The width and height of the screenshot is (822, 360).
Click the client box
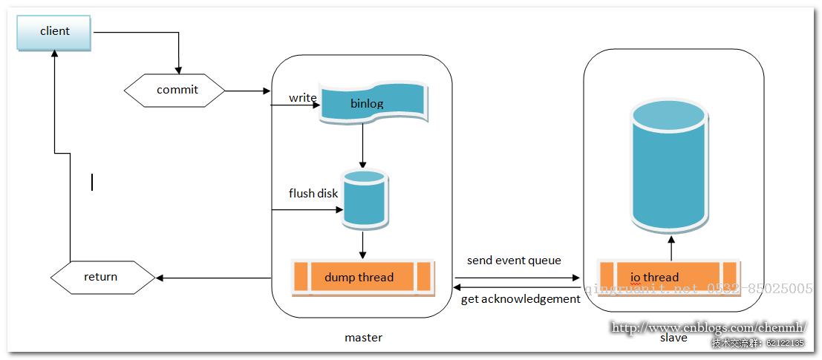(x=54, y=32)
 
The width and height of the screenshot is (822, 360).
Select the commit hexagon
(x=177, y=91)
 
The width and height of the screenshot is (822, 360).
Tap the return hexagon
(x=102, y=277)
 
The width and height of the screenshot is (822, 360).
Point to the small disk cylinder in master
(x=364, y=198)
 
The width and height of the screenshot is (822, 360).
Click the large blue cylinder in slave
(x=668, y=165)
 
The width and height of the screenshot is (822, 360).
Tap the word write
(x=303, y=98)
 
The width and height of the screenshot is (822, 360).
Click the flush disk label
(x=313, y=194)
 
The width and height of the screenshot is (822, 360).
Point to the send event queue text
(x=514, y=261)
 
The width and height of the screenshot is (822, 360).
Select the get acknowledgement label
(x=520, y=299)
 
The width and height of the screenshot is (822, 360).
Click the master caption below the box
(x=363, y=338)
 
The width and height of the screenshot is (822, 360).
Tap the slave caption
(x=673, y=338)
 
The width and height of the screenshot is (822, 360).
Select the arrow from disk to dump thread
(x=362, y=243)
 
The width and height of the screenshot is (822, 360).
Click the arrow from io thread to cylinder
(x=671, y=249)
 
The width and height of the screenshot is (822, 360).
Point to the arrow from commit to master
(x=247, y=91)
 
